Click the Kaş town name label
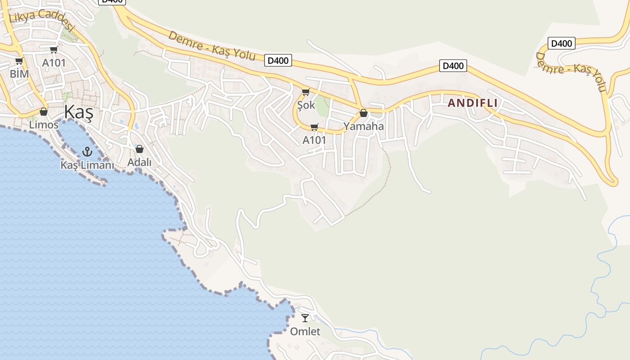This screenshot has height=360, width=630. [x=78, y=112]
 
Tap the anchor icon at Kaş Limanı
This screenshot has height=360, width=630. [x=87, y=152]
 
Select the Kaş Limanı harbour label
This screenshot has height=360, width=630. [x=87, y=165]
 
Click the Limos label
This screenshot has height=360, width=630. [x=44, y=125]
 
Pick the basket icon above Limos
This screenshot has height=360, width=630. [x=44, y=111]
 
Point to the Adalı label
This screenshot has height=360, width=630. [x=139, y=162]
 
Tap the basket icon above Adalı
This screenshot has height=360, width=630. [x=139, y=149]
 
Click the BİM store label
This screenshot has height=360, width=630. [x=19, y=74]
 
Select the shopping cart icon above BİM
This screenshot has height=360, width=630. [x=19, y=61]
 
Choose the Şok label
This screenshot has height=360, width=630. [x=306, y=106]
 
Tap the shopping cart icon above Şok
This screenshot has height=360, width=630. [x=306, y=92]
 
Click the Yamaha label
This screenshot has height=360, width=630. [x=364, y=126]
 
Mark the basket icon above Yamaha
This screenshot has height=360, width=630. [x=364, y=113]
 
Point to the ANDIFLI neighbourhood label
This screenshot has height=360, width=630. [x=472, y=103]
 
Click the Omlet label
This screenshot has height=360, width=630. [x=305, y=332]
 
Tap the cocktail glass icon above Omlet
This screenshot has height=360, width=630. [x=305, y=318]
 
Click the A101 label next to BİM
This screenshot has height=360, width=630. [x=54, y=63]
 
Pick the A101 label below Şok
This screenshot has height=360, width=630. [x=314, y=140]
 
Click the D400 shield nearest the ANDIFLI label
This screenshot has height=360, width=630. [x=453, y=66]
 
